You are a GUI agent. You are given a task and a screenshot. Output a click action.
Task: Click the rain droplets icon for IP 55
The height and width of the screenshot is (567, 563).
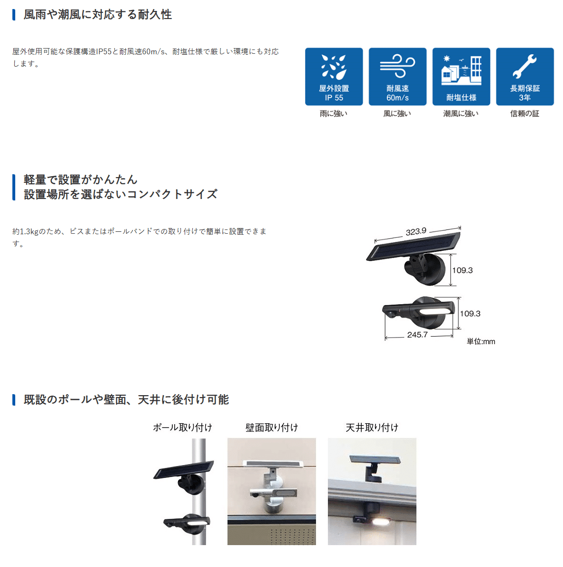[334, 67]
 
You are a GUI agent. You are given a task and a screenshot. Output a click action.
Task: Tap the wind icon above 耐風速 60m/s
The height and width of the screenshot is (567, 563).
[397, 66]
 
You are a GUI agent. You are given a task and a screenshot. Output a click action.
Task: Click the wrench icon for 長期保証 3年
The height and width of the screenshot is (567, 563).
[524, 67]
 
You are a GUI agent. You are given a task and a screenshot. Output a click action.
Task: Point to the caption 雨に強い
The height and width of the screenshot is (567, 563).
[334, 114]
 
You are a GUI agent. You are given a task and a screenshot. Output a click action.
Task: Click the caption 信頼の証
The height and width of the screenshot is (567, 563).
[524, 114]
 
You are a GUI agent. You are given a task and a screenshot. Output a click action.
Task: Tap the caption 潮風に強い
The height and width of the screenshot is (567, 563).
[461, 114]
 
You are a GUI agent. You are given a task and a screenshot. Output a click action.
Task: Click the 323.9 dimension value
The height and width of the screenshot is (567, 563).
[416, 231]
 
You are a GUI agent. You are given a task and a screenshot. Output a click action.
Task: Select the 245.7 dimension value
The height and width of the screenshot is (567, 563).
[417, 335]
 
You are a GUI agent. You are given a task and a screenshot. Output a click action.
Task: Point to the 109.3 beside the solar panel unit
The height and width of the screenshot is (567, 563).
[463, 270]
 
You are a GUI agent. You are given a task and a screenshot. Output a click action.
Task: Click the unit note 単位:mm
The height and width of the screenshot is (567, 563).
[481, 341]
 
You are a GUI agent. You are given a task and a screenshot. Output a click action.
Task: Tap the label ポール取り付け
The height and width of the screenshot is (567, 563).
[183, 428]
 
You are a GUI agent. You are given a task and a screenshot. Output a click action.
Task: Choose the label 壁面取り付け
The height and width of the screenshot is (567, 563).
[272, 428]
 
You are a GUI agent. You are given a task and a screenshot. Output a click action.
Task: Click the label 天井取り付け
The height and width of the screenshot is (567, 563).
[372, 428]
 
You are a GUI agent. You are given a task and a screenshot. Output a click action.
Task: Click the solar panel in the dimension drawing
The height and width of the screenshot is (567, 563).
[413, 247]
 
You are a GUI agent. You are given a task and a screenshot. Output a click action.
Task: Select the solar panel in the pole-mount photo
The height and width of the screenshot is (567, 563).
[184, 470]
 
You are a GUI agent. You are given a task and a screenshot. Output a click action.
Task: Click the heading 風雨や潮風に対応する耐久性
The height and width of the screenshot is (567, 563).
[98, 14]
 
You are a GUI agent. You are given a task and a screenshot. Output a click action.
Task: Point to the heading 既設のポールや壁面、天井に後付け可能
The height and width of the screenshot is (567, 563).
[126, 399]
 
